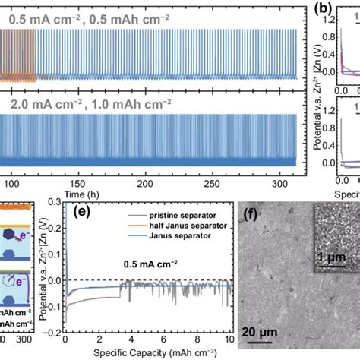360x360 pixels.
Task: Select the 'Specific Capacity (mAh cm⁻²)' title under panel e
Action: point(147,355)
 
